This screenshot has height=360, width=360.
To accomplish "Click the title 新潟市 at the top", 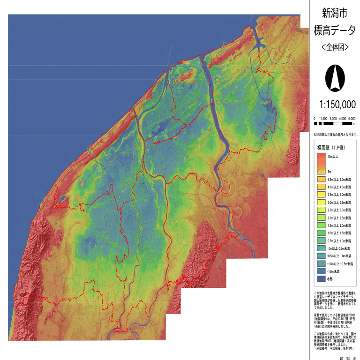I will click(x=335, y=13).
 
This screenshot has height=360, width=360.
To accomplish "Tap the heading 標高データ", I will click(x=335, y=31).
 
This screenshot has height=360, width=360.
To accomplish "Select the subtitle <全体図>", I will click(x=335, y=47).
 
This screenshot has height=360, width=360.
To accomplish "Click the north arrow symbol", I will click(x=335, y=77).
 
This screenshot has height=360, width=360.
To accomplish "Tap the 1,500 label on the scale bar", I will click(x=323, y=119).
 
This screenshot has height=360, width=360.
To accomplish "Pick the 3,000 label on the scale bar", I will click(x=333, y=119).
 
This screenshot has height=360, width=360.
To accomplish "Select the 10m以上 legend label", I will click(x=334, y=157).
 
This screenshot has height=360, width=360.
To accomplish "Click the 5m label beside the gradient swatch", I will click(x=330, y=172).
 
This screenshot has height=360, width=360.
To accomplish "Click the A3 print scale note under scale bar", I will click(x=332, y=135).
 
